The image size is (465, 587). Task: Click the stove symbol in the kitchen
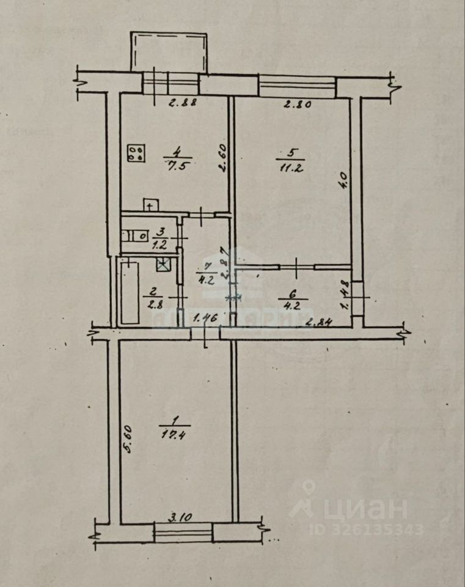point(136,153)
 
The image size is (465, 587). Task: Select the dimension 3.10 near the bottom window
point(181,517)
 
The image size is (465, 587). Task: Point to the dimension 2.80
point(298,104)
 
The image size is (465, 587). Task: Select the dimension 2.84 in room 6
point(318,322)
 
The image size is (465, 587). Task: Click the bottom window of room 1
point(183,532)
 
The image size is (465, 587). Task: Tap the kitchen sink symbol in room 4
point(150,205)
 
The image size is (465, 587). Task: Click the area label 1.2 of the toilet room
point(161,243)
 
